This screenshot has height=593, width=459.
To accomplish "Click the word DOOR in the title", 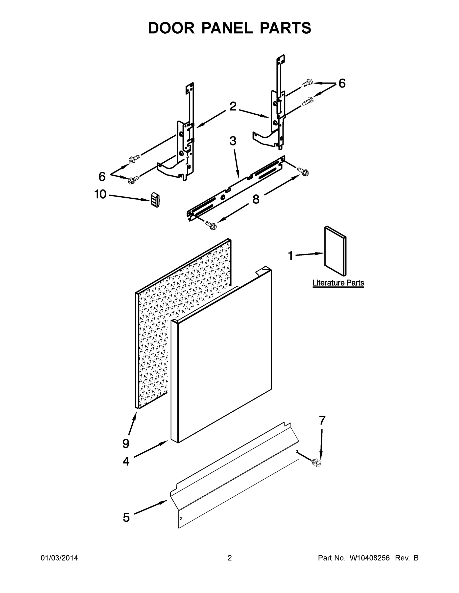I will click(x=171, y=28).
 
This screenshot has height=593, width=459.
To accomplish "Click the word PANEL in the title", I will click(x=227, y=28).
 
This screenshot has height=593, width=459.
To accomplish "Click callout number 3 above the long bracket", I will click(x=233, y=141).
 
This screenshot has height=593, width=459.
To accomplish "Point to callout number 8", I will click(x=256, y=200).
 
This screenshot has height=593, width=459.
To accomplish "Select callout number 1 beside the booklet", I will click(x=290, y=255).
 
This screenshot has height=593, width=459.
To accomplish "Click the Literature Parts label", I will click(x=338, y=283).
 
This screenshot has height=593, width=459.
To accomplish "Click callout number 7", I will click(x=322, y=421).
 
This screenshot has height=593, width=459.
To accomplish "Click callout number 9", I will click(x=126, y=444).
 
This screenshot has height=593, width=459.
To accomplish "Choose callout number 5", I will click(x=126, y=518).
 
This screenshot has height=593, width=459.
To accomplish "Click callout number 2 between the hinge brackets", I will click(x=233, y=106).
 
